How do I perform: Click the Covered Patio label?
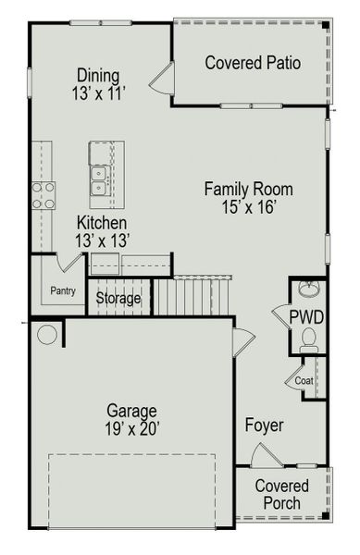[252, 63]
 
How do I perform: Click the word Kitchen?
[102, 223]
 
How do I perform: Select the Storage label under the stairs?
[118, 299]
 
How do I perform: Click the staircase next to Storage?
[191, 296]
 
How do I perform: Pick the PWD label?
[306, 317]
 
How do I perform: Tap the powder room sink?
[309, 289]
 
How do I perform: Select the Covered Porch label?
[281, 494]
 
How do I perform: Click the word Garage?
[130, 410]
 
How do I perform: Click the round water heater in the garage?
[47, 334]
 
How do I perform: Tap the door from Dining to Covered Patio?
[163, 80]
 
